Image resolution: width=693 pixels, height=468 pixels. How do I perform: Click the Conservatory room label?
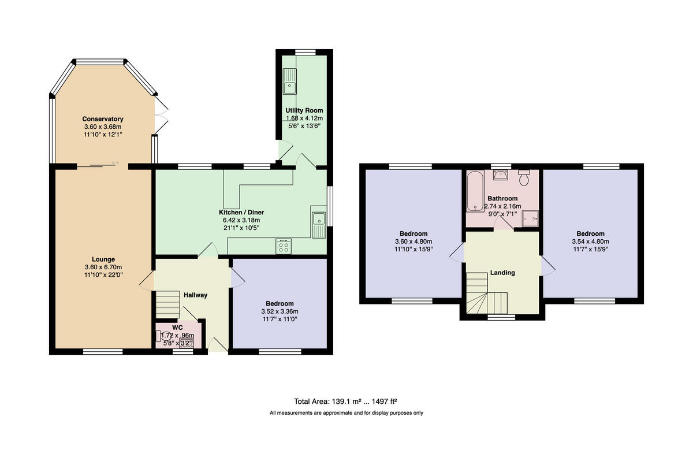[x=102, y=119]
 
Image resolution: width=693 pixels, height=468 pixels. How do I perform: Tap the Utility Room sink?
[x=289, y=86]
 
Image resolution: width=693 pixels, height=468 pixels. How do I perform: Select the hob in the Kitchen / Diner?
[x=284, y=247]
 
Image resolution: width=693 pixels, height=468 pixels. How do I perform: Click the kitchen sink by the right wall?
[x=318, y=222]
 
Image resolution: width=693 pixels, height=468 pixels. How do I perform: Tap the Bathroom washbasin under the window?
[x=501, y=174]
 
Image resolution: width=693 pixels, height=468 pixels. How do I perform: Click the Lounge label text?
[x=103, y=259]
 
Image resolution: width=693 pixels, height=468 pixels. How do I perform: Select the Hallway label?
[x=195, y=295]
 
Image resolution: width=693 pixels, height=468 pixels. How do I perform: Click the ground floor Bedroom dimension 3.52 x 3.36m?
[x=280, y=311]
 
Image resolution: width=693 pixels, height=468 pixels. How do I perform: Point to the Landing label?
[x=502, y=273]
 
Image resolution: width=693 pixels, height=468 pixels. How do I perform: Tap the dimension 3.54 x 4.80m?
[x=590, y=242]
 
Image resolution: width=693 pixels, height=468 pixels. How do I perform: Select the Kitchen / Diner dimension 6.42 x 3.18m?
[x=242, y=220]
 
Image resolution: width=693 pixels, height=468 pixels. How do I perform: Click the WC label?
[x=177, y=328]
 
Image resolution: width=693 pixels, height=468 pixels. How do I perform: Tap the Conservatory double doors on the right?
[x=161, y=114]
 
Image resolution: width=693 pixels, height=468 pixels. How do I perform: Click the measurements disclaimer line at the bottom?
[x=346, y=413]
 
